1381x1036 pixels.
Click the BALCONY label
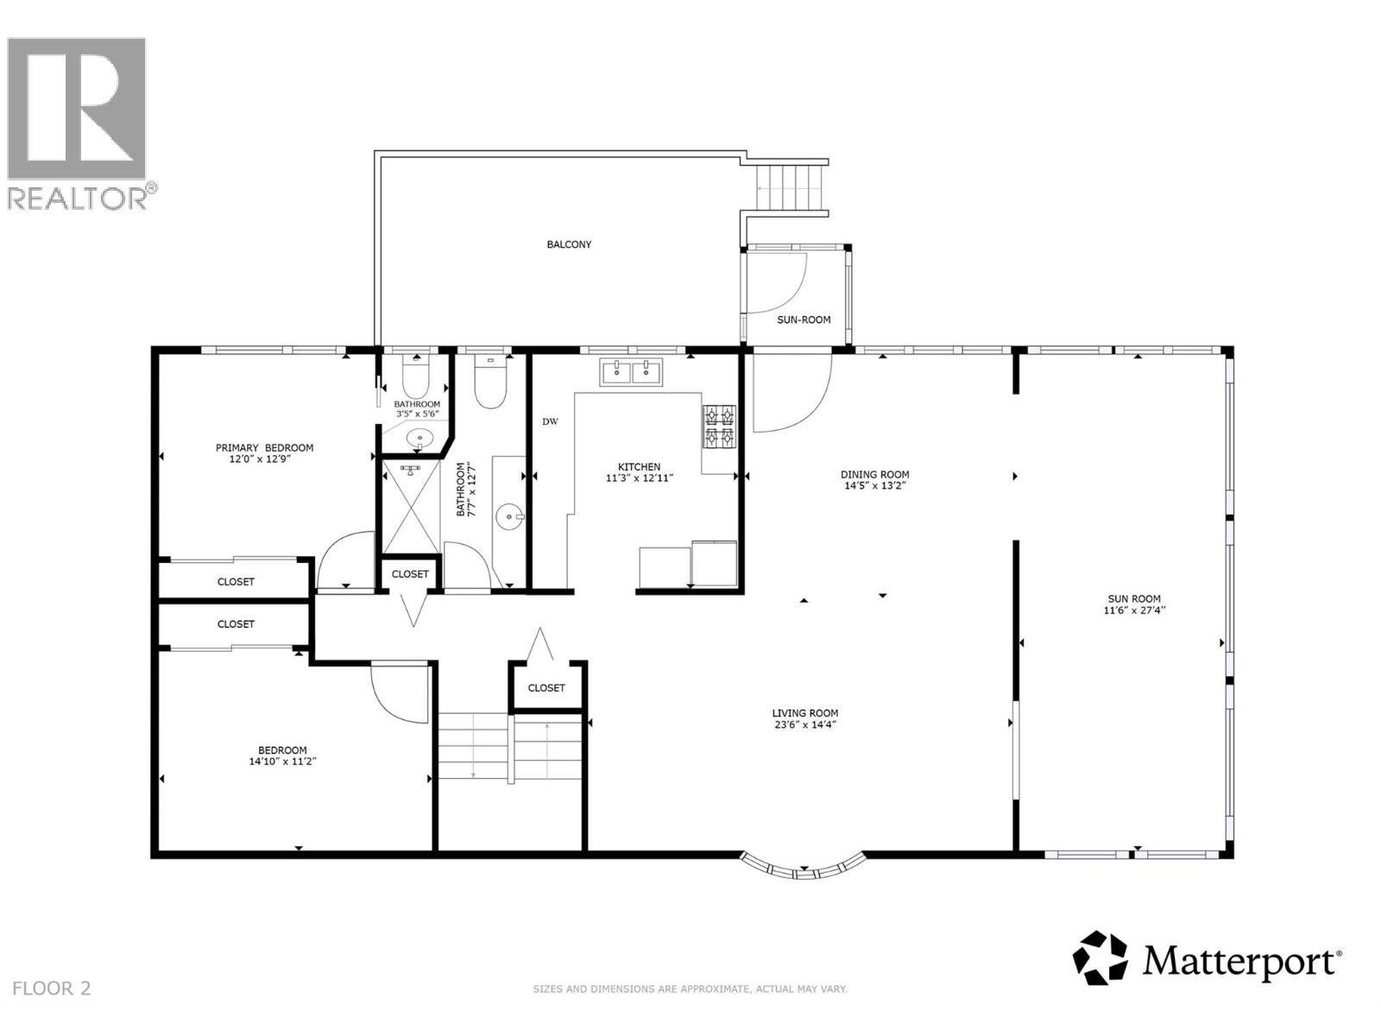(x=569, y=244)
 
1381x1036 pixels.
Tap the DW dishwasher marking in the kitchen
(x=550, y=422)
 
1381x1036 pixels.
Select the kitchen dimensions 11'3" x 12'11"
(x=639, y=477)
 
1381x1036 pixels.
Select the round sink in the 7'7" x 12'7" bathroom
(x=509, y=519)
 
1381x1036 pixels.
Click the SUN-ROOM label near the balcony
(x=804, y=319)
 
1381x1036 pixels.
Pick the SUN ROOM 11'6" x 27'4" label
(x=1134, y=604)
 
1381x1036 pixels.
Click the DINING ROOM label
(x=874, y=474)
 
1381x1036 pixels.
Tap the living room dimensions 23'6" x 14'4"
(x=804, y=724)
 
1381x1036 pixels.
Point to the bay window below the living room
(x=804, y=867)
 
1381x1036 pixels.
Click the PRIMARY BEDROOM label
(x=264, y=447)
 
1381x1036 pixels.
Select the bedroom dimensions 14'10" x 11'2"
(x=282, y=761)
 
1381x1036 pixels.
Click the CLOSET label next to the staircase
(x=546, y=688)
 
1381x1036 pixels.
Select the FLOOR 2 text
(x=53, y=989)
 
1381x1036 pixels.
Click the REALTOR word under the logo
(x=78, y=198)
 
